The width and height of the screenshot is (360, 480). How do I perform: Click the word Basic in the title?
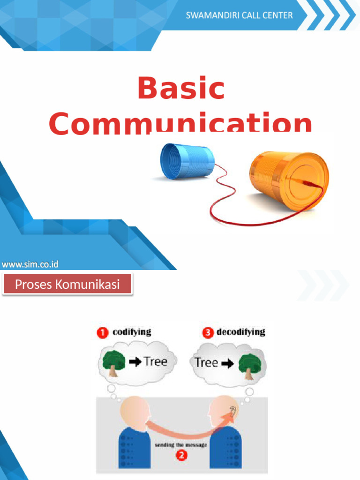coord(181,89)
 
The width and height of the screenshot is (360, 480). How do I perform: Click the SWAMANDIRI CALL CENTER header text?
coord(239,15)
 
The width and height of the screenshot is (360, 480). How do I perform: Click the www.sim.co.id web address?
coord(30,264)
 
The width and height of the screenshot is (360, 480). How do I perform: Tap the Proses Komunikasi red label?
coord(67,284)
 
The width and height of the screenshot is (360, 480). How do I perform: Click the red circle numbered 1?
coord(103,333)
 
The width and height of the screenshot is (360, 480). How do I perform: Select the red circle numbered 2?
coord(180,455)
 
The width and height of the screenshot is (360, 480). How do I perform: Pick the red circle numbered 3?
coord(207,333)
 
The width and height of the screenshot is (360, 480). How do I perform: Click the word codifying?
coord(132,332)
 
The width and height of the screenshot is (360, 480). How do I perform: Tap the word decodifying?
coord(240,332)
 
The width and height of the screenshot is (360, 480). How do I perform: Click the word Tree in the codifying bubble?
coord(156,361)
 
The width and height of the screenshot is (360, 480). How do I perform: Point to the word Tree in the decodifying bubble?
coord(206,362)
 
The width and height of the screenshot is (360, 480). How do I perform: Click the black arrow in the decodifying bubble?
coord(228,364)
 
